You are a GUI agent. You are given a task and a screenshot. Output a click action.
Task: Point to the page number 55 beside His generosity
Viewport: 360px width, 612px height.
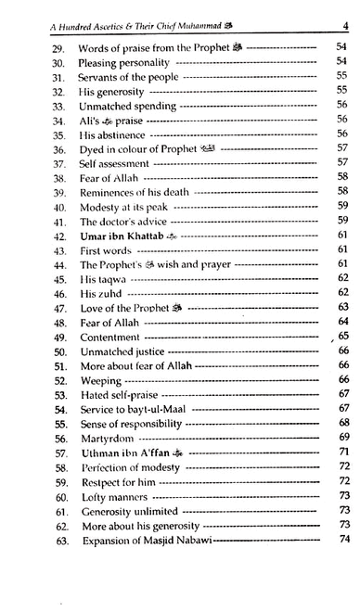tap(341, 91)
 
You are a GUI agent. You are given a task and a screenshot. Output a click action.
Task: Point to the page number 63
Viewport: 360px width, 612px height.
tap(341, 307)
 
